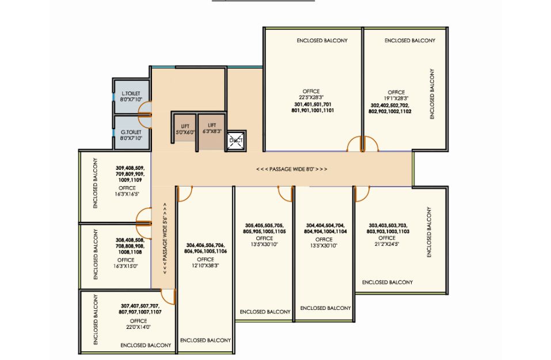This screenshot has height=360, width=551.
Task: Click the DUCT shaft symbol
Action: coord(236,141)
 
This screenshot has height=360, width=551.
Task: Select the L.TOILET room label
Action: coord(131,93)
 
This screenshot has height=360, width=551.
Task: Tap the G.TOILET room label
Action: coord(131,132)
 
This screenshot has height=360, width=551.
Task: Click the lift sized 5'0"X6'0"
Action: coord(185,129)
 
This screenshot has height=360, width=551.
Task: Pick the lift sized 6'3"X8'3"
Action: coord(212,131)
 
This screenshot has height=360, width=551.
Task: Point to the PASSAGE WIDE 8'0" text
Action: coord(292,169)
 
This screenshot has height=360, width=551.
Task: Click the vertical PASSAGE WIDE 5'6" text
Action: coord(165,238)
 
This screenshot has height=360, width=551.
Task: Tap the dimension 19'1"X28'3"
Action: coord(396,98)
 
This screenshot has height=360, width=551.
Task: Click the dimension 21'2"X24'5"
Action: coord(387,244)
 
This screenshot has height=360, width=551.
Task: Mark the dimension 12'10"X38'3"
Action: coord(206,266)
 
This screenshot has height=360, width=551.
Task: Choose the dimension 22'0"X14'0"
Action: coord(138,327)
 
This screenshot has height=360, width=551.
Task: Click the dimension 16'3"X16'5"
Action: coord(127,194)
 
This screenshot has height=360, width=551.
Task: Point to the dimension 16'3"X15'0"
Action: coord(126,266)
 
